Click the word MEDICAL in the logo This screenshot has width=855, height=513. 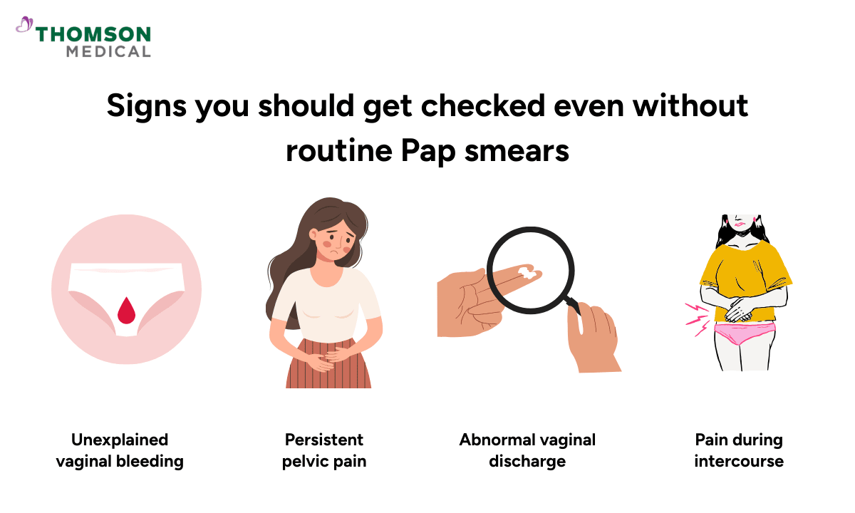click(x=108, y=51)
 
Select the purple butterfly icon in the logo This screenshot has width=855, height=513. click(x=24, y=26)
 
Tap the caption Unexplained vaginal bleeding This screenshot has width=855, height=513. click(x=120, y=450)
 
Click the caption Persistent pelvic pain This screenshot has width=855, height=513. click(x=324, y=450)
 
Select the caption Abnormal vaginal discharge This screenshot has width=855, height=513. click(x=527, y=450)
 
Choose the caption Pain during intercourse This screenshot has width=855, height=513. click(x=739, y=450)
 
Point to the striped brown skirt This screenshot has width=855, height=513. click(x=328, y=367)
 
